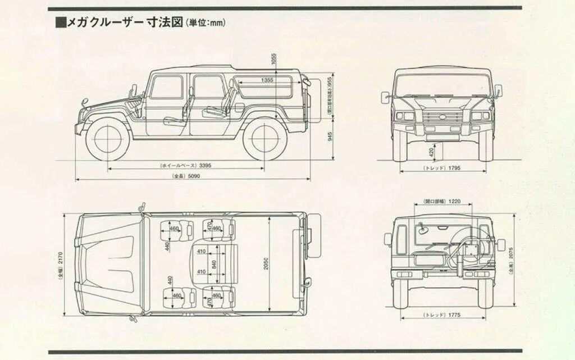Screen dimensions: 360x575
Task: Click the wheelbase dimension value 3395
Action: pos(205,166)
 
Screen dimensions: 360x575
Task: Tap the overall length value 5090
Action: pos(194,176)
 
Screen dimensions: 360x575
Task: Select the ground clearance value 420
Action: pos(431,151)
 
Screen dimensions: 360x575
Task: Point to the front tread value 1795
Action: pos(454,168)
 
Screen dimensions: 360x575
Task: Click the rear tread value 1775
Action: pos(454,316)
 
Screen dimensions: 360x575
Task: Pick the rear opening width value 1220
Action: pos(454,200)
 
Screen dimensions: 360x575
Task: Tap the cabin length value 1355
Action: pos(267,80)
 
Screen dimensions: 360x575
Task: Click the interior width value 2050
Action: pos(266,263)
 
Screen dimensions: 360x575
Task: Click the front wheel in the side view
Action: pos(107,138)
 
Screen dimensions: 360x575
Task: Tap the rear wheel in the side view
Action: pos(264,138)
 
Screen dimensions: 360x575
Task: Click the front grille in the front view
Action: pos(443,118)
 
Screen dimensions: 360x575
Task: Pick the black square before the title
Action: pos(61,22)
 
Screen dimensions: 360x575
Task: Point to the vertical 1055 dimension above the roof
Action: pos(273,58)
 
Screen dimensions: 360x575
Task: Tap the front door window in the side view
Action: pos(166,87)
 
